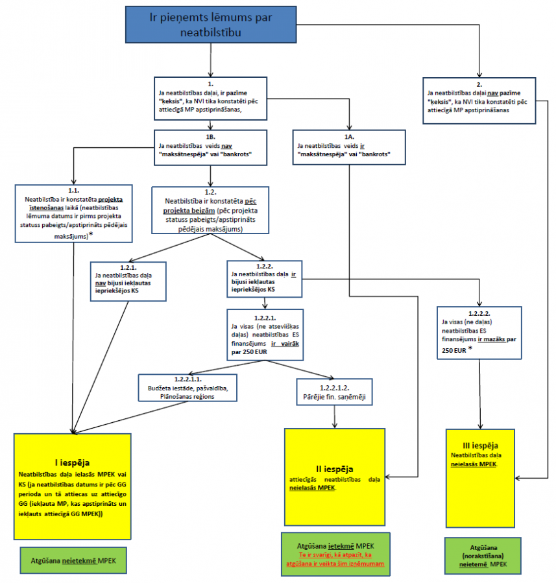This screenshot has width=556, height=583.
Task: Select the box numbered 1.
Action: [211, 98]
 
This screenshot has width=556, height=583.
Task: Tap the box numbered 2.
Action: [478, 100]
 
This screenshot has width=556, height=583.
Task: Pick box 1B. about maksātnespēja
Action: [210, 147]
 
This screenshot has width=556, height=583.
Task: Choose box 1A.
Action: [349, 147]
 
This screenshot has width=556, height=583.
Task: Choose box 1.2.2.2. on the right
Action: [480, 332]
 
